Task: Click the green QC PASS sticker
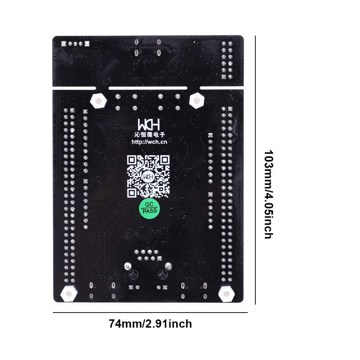click(x=150, y=208)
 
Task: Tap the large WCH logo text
click(x=149, y=124)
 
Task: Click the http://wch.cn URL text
click(x=149, y=142)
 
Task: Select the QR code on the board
click(x=148, y=176)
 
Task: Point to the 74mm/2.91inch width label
click(x=150, y=324)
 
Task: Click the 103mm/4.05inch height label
click(x=268, y=195)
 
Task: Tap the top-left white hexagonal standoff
click(x=98, y=101)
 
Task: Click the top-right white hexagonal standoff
click(x=197, y=100)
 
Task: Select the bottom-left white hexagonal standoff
click(x=68, y=294)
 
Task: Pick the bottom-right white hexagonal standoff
click(x=226, y=294)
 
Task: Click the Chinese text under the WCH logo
click(x=150, y=135)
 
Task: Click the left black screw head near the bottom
click(x=133, y=274)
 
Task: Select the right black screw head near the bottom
click(x=163, y=274)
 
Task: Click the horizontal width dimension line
click(x=150, y=313)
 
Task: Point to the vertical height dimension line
click(x=255, y=170)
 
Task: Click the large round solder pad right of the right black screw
click(x=168, y=266)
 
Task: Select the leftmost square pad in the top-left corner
click(x=64, y=44)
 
